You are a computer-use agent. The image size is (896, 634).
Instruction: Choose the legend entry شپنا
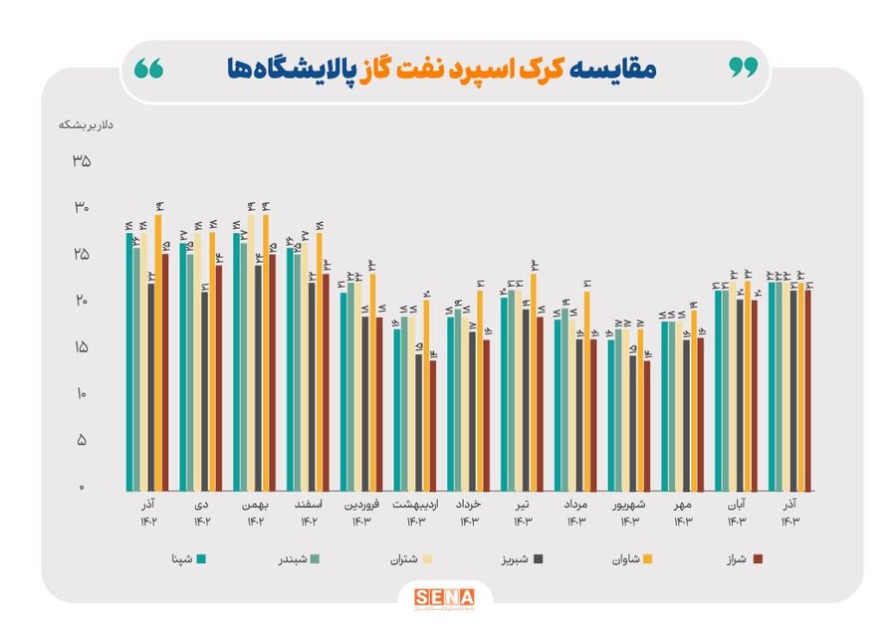click(x=180, y=559)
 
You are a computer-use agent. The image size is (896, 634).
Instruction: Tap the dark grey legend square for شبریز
click(x=539, y=559)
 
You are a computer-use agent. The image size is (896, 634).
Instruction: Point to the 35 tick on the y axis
click(x=81, y=161)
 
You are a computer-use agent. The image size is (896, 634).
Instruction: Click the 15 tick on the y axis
click(x=81, y=347)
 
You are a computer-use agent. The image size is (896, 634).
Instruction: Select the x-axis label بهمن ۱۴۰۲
click(x=256, y=514)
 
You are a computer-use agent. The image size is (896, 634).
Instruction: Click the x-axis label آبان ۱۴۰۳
click(x=737, y=514)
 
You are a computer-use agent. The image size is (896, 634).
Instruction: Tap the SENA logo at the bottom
click(x=445, y=597)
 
